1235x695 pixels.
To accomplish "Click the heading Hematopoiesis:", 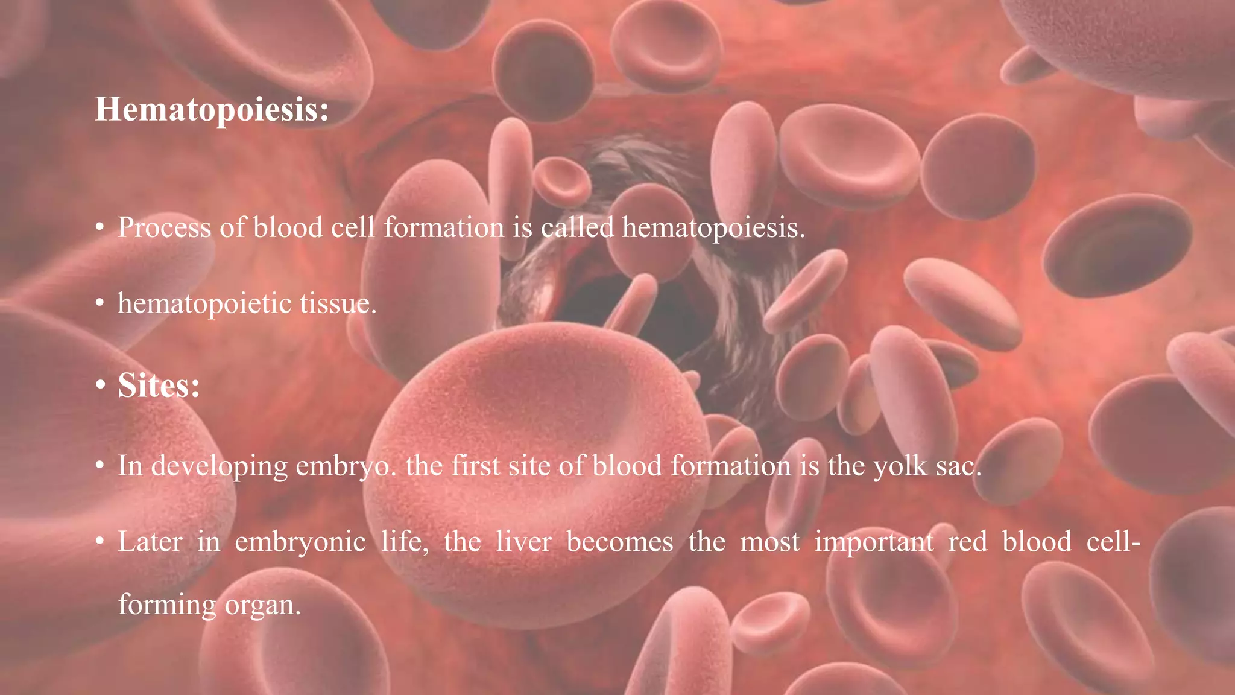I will click(x=212, y=110).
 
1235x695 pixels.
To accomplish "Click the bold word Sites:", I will click(x=159, y=385).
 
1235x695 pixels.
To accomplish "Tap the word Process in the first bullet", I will click(x=165, y=228).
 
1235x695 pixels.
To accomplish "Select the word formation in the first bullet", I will click(x=444, y=228).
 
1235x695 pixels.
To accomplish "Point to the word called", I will click(x=577, y=228).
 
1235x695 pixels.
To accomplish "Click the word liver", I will click(x=523, y=542).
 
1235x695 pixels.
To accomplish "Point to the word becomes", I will click(x=620, y=542).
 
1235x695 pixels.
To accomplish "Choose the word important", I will click(x=874, y=542).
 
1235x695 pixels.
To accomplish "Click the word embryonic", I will click(x=300, y=542).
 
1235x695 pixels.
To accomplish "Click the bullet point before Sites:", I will click(x=100, y=385).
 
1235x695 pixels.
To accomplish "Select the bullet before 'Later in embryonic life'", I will click(x=100, y=542).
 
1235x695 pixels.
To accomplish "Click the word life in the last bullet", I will click(x=405, y=542).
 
